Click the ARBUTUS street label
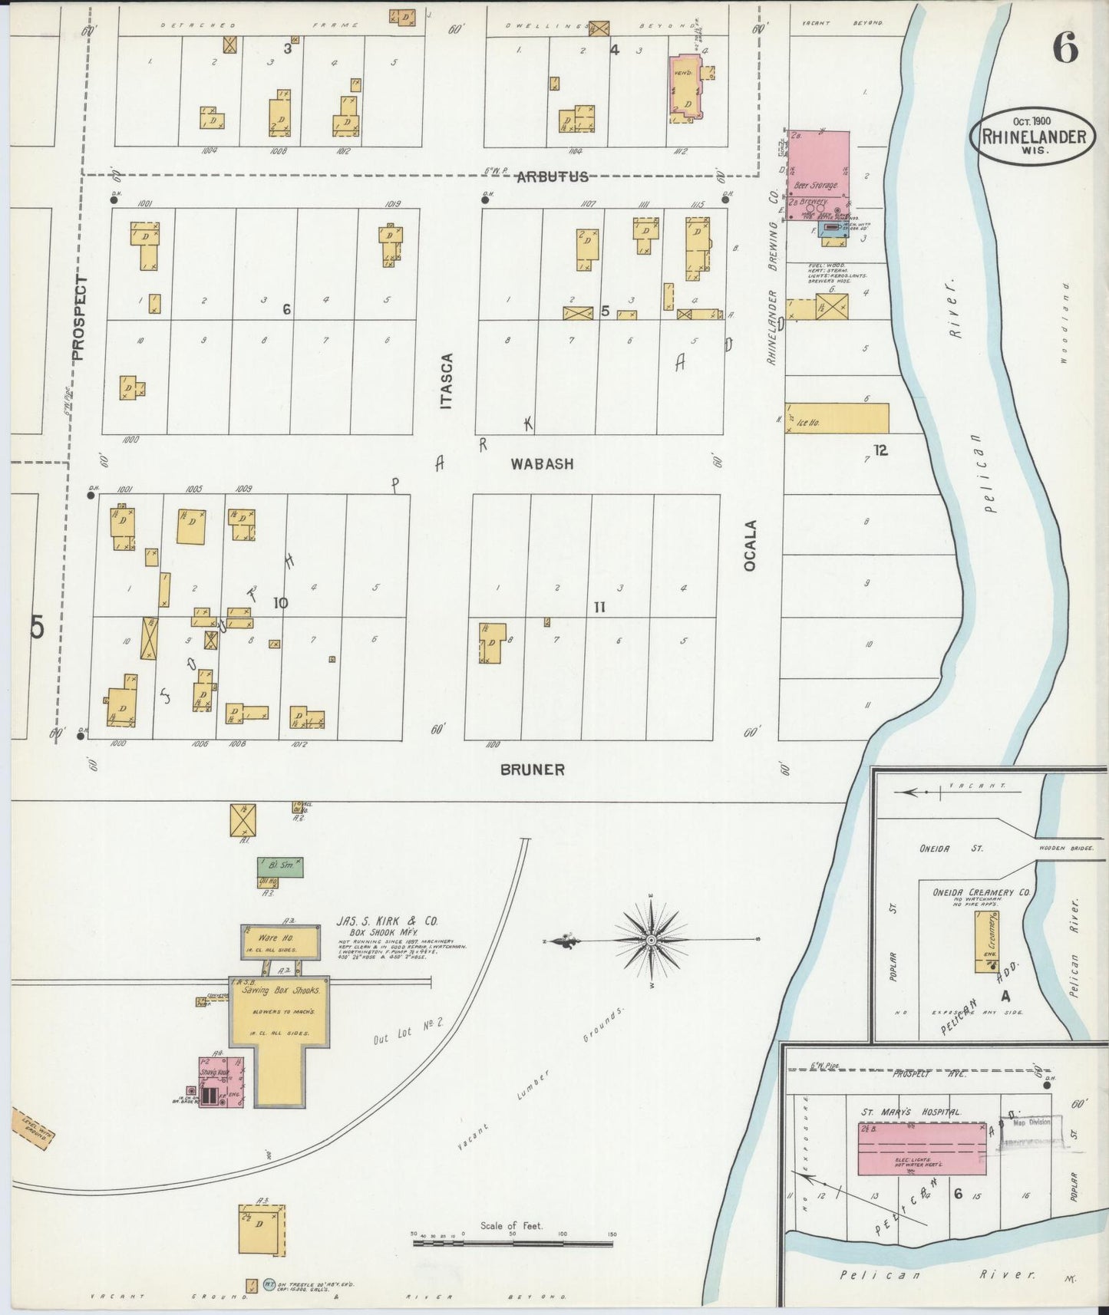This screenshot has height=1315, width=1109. coord(552,177)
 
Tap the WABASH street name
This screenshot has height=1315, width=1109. coord(543,464)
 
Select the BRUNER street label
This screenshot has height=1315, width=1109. coord(532,770)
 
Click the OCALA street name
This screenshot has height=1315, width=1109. coord(750,545)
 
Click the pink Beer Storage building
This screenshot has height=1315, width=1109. coord(820,165)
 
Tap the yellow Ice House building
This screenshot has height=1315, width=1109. coord(838,418)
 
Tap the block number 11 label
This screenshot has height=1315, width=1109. coord(599,607)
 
